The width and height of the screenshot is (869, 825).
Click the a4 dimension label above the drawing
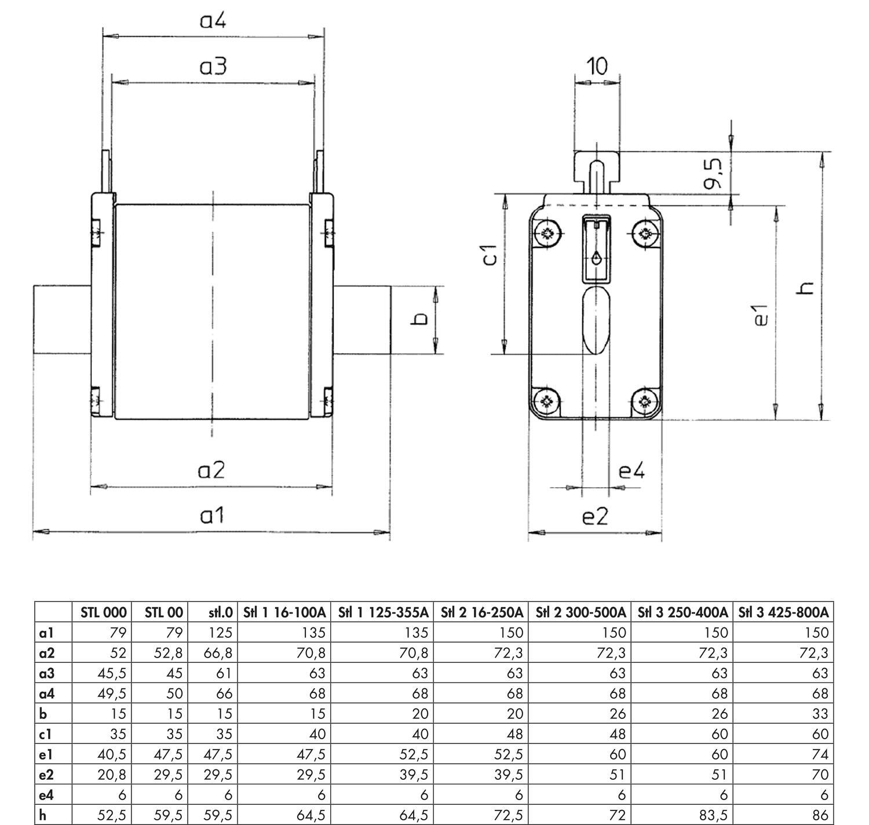[x=213, y=21]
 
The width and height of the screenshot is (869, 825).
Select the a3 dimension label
[x=213, y=67]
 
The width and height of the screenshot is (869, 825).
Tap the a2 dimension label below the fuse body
[x=211, y=470]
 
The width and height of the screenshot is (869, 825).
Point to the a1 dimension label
[x=211, y=514]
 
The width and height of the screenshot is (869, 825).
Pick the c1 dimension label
[x=490, y=255]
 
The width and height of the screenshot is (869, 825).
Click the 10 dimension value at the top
[x=597, y=66]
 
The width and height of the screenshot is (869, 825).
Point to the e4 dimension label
[x=631, y=471]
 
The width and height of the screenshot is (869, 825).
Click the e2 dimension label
[x=595, y=516]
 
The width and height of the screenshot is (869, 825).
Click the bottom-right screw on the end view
[x=644, y=401]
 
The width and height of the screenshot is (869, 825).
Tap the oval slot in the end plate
[x=596, y=320]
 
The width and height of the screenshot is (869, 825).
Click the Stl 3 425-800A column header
[x=783, y=612]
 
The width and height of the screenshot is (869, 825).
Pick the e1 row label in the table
[x=46, y=754]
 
